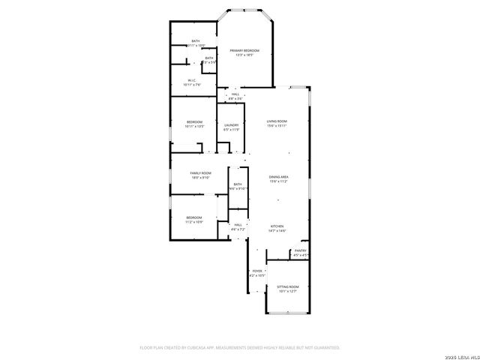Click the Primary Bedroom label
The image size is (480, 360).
[244, 50]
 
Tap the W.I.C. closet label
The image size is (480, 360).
[193, 81]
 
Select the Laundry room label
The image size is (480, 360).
[231, 125]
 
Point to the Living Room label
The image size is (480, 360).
[277, 121]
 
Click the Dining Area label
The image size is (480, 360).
[279, 177]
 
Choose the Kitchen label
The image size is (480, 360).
[277, 226]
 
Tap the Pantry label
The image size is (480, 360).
[300, 250]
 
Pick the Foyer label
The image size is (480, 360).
[257, 271]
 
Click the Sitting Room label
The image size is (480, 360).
[288, 286]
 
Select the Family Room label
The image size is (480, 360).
[200, 173]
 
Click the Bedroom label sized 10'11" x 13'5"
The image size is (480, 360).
[194, 121]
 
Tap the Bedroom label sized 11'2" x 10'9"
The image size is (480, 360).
[194, 217]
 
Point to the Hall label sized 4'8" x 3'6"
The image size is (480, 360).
[235, 94]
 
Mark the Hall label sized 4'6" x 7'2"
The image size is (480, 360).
[238, 224]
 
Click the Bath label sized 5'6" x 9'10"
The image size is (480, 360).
[238, 184]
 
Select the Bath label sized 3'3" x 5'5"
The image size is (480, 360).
[209, 58]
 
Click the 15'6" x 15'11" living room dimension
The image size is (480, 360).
[277, 126]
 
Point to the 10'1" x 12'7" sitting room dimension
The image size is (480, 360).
[288, 291]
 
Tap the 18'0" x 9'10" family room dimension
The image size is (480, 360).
[200, 178]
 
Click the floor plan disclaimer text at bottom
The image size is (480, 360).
[240, 347]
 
